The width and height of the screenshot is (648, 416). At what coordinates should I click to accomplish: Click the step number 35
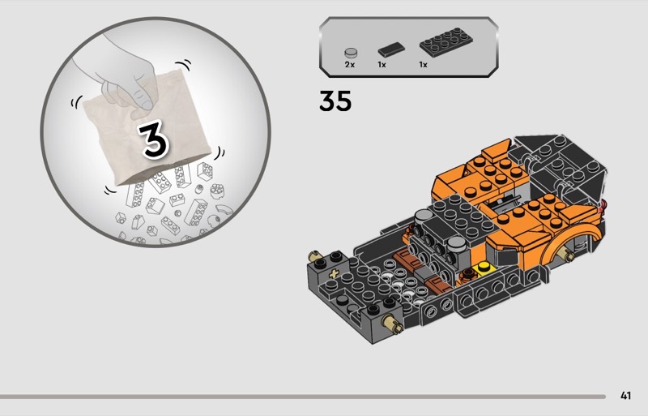(x=335, y=101)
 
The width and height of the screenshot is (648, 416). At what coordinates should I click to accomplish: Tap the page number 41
(x=625, y=396)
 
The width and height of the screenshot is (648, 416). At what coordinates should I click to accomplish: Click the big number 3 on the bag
(x=153, y=139)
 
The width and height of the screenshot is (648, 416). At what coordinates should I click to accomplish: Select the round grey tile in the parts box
(x=351, y=53)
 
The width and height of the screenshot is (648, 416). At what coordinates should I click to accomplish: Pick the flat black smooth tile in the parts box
(x=391, y=49)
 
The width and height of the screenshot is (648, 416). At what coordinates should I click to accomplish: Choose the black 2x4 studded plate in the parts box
(x=446, y=42)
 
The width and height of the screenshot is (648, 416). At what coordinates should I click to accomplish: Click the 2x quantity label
(x=350, y=65)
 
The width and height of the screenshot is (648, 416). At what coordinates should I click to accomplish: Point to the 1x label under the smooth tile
(x=382, y=65)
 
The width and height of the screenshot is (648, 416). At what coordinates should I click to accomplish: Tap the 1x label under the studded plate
(x=423, y=65)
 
